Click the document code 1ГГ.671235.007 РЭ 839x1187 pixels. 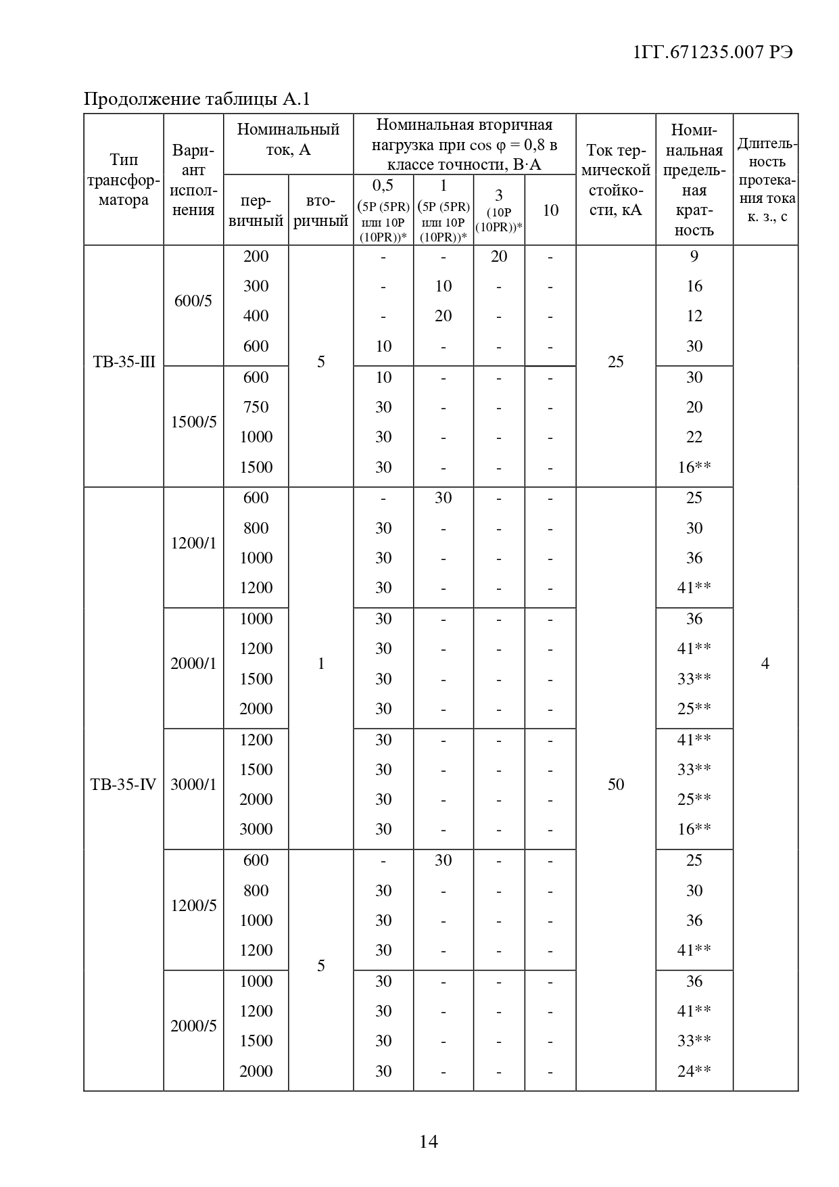pyautogui.click(x=713, y=53)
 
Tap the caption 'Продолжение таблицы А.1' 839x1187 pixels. pyautogui.click(x=196, y=99)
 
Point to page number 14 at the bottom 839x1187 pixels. pyautogui.click(x=429, y=1142)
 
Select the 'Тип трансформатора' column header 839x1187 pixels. pyautogui.click(x=124, y=180)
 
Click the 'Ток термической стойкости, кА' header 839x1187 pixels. pyautogui.click(x=615, y=180)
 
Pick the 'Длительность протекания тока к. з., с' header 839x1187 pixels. pyautogui.click(x=766, y=180)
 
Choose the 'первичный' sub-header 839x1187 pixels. pyautogui.click(x=256, y=211)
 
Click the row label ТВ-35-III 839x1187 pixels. pyautogui.click(x=124, y=362)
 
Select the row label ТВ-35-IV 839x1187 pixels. pyautogui.click(x=124, y=785)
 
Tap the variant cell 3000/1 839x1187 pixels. pyautogui.click(x=193, y=785)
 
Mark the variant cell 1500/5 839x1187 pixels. pyautogui.click(x=193, y=422)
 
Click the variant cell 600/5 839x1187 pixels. pyautogui.click(x=193, y=301)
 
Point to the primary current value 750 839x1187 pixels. pyautogui.click(x=256, y=407)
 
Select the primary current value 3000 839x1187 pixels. pyautogui.click(x=256, y=829)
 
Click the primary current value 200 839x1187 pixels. pyautogui.click(x=256, y=256)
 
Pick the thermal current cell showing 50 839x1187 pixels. pyautogui.click(x=615, y=785)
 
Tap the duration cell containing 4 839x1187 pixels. pyautogui.click(x=765, y=664)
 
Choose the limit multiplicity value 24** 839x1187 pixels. pyautogui.click(x=694, y=1071)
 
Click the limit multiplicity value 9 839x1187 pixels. pyautogui.click(x=694, y=256)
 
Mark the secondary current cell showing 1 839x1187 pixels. pyautogui.click(x=320, y=664)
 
